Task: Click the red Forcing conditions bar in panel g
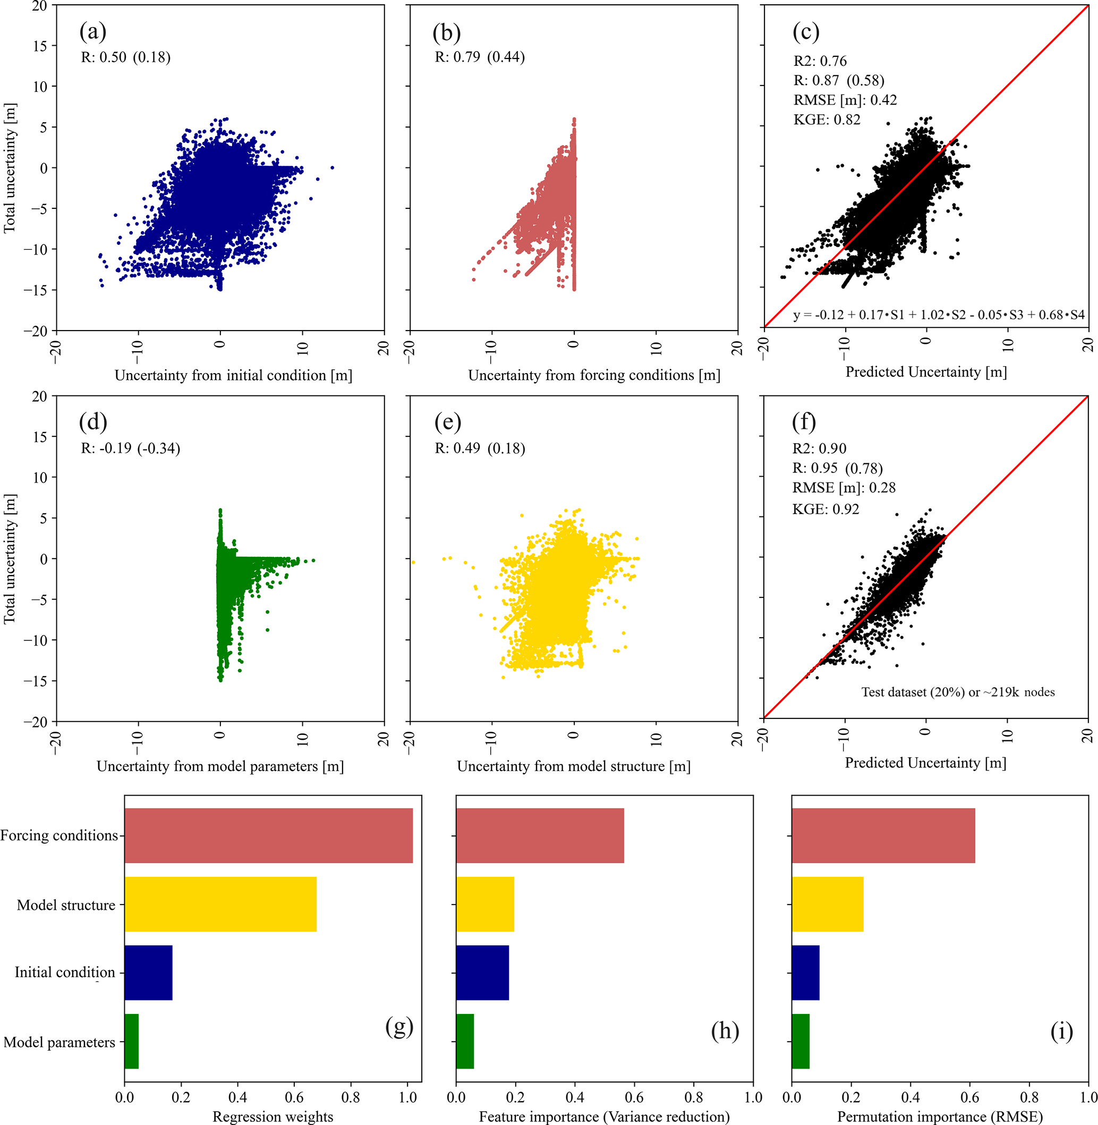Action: point(268,835)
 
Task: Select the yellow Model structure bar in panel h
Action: point(484,904)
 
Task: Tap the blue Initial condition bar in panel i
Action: point(805,972)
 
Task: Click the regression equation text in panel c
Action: point(938,315)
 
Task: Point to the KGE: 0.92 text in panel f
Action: point(825,509)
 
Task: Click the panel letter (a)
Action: point(93,32)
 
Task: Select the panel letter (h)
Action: point(725,1030)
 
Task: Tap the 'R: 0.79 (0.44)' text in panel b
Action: point(479,57)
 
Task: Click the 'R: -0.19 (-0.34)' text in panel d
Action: point(130,449)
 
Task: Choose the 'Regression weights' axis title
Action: point(273,1116)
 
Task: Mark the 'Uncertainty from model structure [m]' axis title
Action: point(573,766)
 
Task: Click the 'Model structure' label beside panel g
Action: point(66,904)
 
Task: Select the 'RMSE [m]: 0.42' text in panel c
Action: point(845,100)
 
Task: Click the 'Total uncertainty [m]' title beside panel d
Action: point(9,559)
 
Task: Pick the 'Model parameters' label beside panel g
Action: point(59,1042)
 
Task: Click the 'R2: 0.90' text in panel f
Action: point(819,449)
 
